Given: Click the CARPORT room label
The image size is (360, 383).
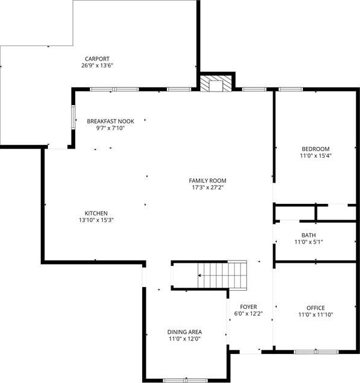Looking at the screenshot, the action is pyautogui.click(x=97, y=59).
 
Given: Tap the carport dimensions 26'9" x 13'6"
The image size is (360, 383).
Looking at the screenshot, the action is pyautogui.click(x=97, y=66).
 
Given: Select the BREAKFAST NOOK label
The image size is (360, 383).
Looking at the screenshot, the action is pyautogui.click(x=110, y=121).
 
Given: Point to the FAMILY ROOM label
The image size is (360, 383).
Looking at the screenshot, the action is pyautogui.click(x=208, y=181).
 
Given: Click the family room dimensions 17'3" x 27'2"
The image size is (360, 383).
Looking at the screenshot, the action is pyautogui.click(x=208, y=188).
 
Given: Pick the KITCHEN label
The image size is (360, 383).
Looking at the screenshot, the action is pyautogui.click(x=96, y=213).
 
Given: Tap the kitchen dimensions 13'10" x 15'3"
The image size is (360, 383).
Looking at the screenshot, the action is pyautogui.click(x=97, y=220).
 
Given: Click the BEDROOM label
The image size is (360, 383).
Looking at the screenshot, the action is pyautogui.click(x=316, y=149).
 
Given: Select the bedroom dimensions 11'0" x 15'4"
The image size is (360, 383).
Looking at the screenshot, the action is pyautogui.click(x=316, y=156).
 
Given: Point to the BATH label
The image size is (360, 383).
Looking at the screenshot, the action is pyautogui.click(x=308, y=236).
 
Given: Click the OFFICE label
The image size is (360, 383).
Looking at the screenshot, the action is pyautogui.click(x=316, y=308).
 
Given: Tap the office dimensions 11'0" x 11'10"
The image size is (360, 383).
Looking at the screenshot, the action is pyautogui.click(x=316, y=315).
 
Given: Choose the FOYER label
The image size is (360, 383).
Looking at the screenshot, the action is pyautogui.click(x=248, y=307).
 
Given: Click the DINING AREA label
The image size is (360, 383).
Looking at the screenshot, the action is pyautogui.click(x=185, y=332).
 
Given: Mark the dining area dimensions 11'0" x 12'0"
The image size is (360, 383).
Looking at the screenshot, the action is pyautogui.click(x=185, y=339).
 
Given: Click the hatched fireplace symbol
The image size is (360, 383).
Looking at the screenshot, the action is pyautogui.click(x=216, y=84).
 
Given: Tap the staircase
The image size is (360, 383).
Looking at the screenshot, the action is pyautogui.click(x=222, y=275).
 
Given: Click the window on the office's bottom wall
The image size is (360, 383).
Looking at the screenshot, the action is pyautogui.click(x=316, y=352).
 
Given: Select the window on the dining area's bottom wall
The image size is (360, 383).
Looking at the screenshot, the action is pyautogui.click(x=185, y=381).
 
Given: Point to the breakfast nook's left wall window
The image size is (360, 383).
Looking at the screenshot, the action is pyautogui.click(x=73, y=117).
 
